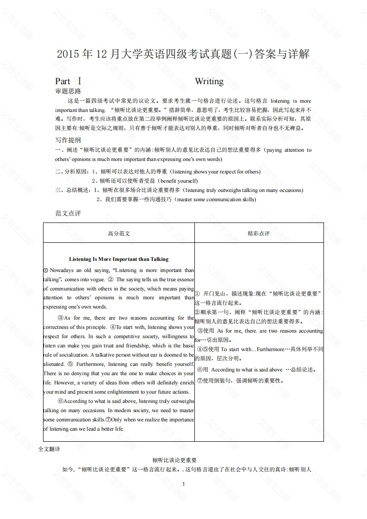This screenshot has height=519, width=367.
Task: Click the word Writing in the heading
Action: (x=209, y=81)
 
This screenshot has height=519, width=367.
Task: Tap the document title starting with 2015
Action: (x=183, y=55)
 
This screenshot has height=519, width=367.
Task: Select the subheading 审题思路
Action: (x=68, y=91)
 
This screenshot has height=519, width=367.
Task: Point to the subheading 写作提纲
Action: (x=68, y=140)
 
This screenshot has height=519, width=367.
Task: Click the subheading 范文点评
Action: (x=68, y=213)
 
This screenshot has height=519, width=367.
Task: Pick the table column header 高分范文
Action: (x=119, y=234)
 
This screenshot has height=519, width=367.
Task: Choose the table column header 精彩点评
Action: (x=259, y=234)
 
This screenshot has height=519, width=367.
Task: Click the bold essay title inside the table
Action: (x=119, y=259)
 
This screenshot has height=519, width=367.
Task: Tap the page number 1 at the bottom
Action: (x=184, y=484)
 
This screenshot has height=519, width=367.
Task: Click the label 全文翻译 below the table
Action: (x=50, y=449)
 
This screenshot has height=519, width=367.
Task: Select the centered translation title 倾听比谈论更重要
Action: (x=174, y=460)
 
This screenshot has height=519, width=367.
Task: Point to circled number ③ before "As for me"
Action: (x=60, y=318)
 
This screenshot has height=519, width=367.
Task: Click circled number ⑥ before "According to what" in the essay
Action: (x=60, y=401)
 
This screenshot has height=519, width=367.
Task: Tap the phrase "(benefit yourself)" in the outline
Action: (x=178, y=181)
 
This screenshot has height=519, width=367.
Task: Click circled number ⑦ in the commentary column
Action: (x=200, y=381)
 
